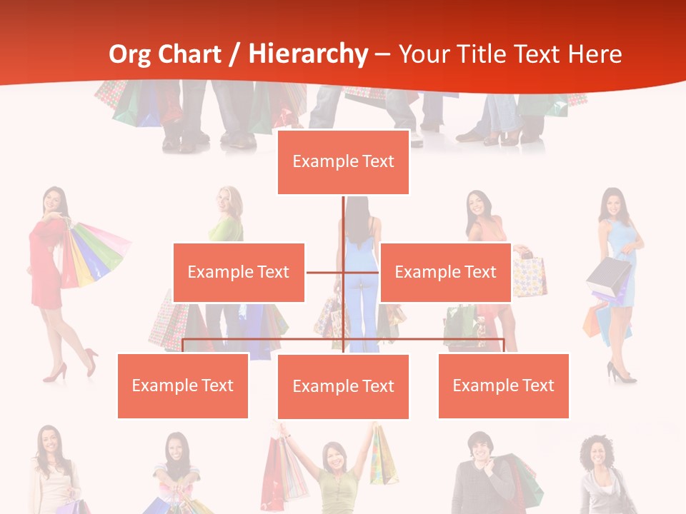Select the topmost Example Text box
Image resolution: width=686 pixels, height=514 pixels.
[x=343, y=162]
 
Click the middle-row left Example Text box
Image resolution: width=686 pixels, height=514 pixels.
[x=239, y=272]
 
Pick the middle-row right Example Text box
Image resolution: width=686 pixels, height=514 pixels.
[x=445, y=272]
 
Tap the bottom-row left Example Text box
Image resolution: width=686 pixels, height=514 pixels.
[x=183, y=385]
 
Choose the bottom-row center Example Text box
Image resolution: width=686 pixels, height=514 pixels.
[x=343, y=386]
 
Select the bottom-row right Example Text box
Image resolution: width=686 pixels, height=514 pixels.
[x=503, y=385]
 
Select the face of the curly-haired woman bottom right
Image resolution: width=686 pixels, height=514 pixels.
[x=595, y=454]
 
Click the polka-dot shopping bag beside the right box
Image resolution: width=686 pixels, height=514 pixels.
[x=530, y=277]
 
